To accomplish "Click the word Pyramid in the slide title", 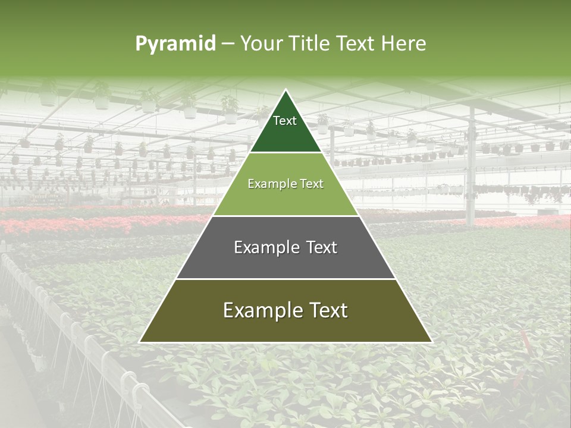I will [175, 44].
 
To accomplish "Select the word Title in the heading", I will [311, 44].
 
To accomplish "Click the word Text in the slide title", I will [356, 44].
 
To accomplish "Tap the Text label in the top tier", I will [285, 121].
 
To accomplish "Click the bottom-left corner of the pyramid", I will [141, 341].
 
